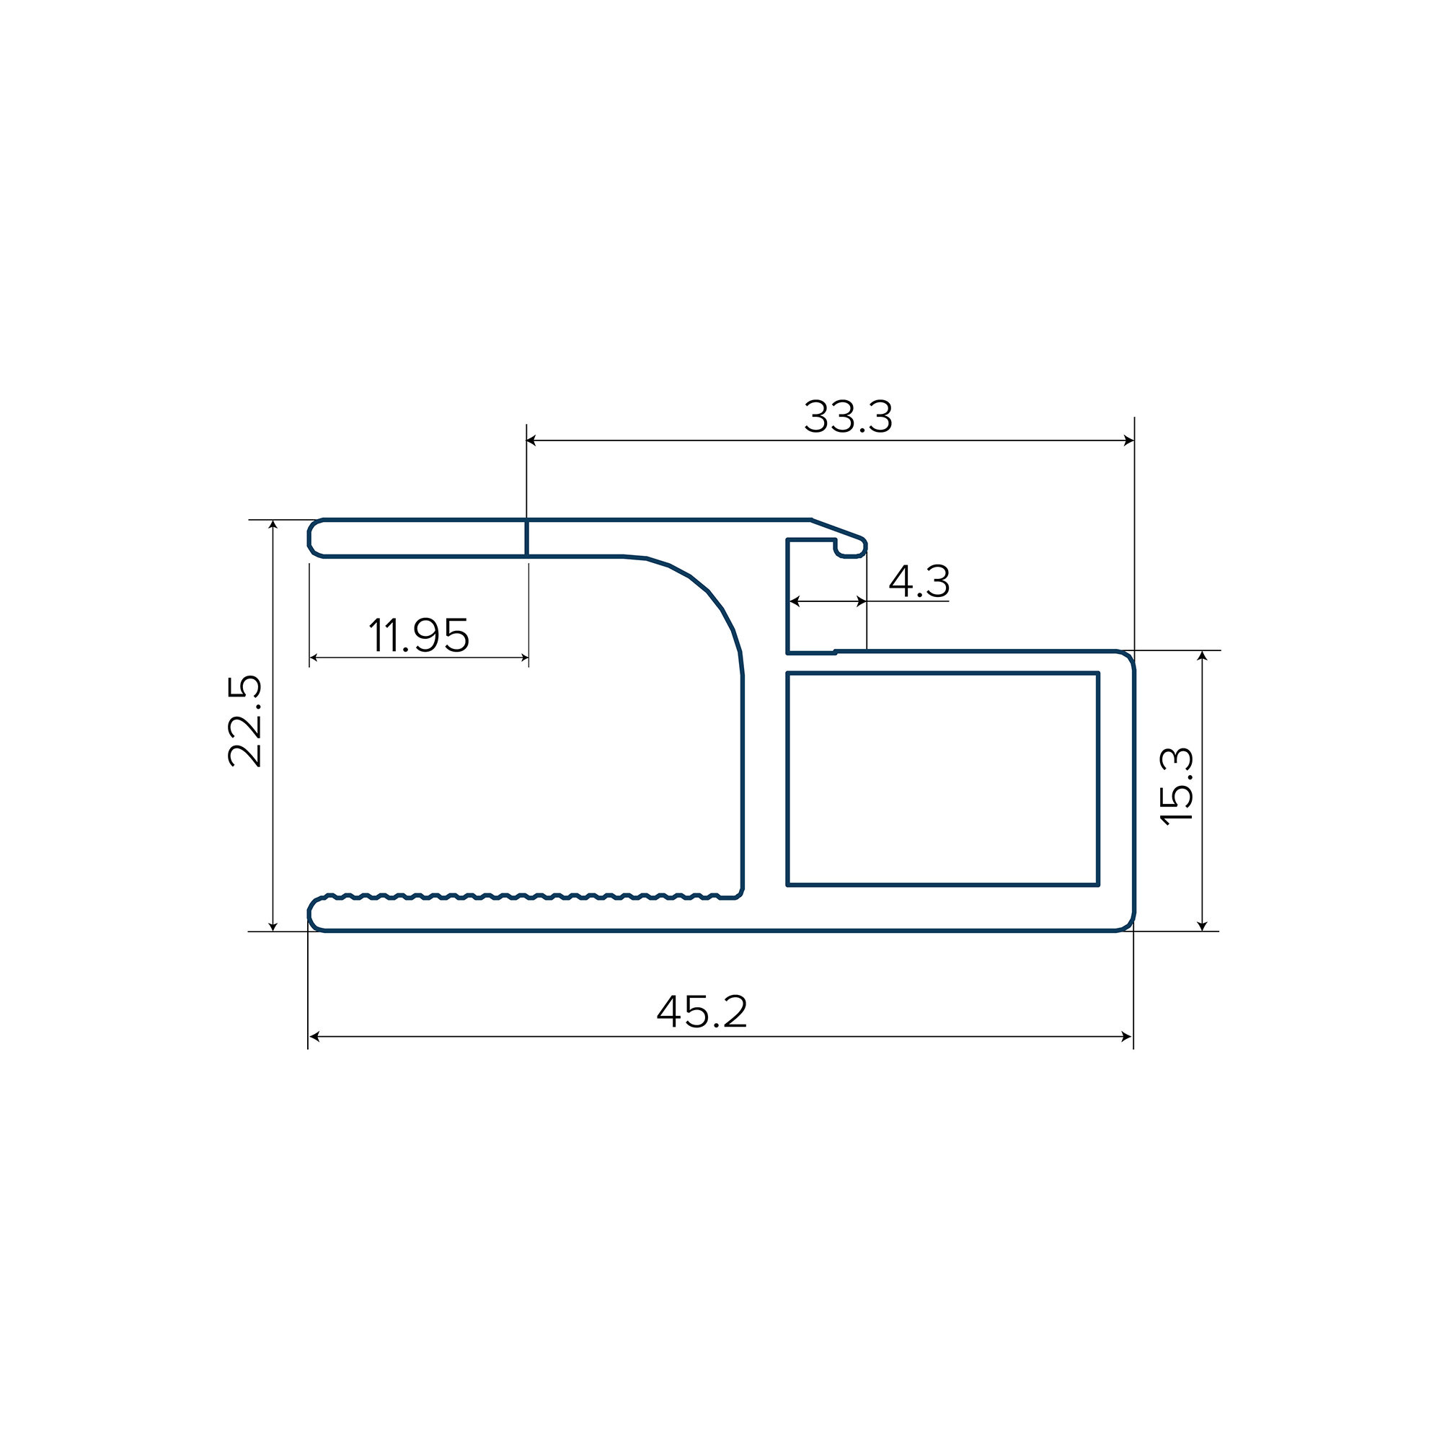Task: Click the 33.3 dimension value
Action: (x=848, y=417)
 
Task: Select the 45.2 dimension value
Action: (x=702, y=1012)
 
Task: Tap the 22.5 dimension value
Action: (x=245, y=721)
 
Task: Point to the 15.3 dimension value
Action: (x=1177, y=786)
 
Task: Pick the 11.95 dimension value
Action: (x=419, y=635)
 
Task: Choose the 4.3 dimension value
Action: (x=919, y=580)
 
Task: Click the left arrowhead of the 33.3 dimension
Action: (x=531, y=441)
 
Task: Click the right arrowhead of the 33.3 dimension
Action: (x=1128, y=441)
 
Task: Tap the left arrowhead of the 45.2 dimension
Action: (x=314, y=1037)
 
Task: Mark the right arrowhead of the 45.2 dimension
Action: (x=1127, y=1037)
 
